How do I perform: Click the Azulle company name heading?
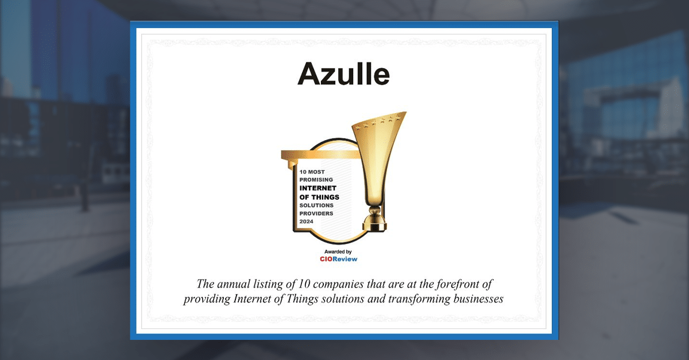coord(343,74)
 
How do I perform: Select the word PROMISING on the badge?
coord(316,180)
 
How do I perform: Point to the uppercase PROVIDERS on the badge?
coord(316,213)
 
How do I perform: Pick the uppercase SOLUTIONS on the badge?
coord(316,205)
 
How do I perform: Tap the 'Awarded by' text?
coord(338,251)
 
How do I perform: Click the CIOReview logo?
coord(338,259)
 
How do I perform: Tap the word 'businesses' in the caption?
coord(477,300)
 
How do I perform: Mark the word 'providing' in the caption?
coord(204,300)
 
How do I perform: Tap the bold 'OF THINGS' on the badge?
coord(319,197)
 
